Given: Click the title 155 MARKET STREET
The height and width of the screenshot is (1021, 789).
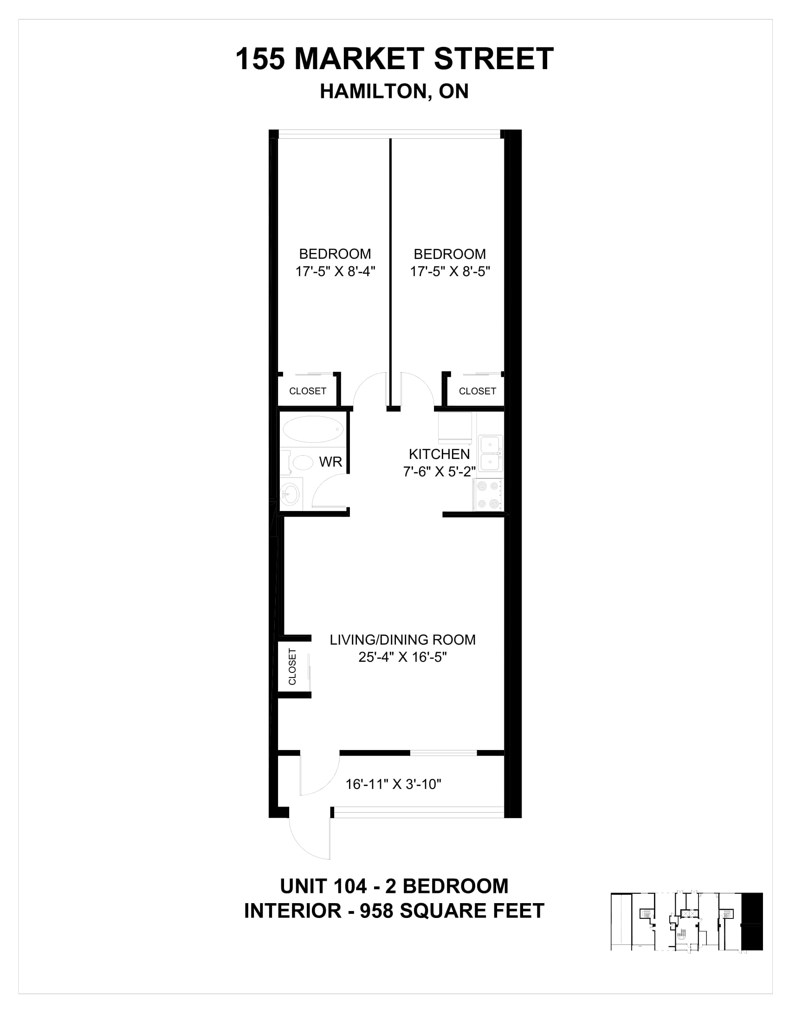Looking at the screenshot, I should point(394,59).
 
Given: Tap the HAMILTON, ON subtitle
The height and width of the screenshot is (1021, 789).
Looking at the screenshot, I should point(394,91).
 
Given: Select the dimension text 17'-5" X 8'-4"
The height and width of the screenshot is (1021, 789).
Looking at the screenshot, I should point(335,271).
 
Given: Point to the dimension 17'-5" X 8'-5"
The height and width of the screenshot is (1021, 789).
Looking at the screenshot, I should point(450,271).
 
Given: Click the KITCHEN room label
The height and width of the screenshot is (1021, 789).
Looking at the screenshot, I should point(439,454).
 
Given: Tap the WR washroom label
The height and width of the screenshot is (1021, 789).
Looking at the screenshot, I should point(330,462).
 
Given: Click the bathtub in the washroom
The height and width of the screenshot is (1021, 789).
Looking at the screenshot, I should point(313,429).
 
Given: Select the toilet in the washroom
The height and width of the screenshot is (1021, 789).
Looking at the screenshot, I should point(299,462).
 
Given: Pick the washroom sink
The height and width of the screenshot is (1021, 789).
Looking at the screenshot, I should point(291,494).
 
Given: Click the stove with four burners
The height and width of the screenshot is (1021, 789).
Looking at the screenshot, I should point(487,495).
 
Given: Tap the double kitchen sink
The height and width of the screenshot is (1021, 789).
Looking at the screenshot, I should point(490,453).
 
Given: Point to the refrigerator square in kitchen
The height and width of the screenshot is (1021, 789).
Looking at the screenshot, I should point(454,427).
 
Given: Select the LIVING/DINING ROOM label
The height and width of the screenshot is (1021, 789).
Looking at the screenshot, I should point(402,640).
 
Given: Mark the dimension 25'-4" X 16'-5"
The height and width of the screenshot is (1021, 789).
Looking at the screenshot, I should point(402,657).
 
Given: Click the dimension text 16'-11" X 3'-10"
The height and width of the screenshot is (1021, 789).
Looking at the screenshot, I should point(393,784).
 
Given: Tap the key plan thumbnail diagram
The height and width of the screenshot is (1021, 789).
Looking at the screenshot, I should point(686,921).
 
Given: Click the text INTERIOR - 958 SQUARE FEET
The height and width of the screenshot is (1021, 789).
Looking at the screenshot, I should point(394,911).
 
